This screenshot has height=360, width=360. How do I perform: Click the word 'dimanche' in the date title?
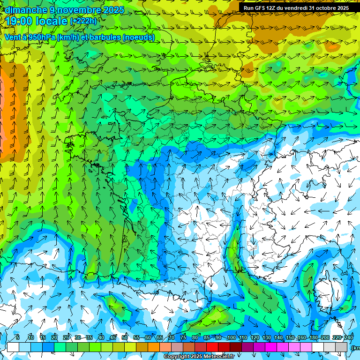pos(23,9)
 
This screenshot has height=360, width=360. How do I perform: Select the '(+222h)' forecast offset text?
pos(83,21)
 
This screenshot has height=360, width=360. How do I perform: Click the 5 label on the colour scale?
pos(18,337)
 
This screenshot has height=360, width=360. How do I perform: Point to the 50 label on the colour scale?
pos(125,337)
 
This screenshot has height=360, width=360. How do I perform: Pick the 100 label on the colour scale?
pos(231,337)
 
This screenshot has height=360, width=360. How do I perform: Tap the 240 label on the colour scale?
pos(349,337)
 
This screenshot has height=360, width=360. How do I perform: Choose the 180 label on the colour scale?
pos(314,337)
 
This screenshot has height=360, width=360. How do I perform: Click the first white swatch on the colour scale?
pos(13,347)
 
